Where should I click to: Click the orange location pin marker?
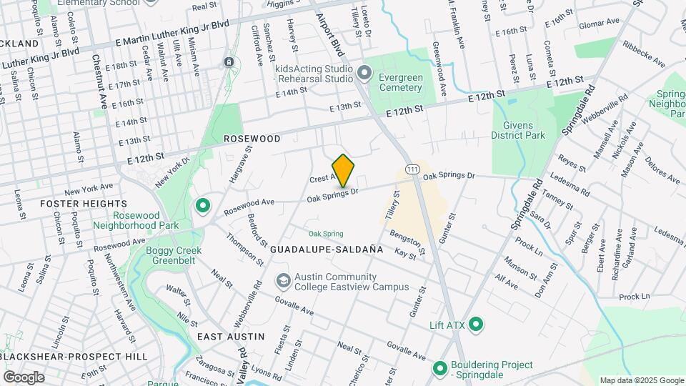344,170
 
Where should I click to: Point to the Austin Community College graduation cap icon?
284,280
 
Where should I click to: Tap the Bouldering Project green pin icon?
440,370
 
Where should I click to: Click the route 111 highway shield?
412,169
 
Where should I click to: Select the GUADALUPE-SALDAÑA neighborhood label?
327,249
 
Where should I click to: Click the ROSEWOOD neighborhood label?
252,137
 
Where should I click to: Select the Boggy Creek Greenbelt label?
174,256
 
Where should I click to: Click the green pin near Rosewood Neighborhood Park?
203,207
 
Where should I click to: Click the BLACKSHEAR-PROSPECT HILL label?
74,356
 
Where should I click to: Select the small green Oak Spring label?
326,234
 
